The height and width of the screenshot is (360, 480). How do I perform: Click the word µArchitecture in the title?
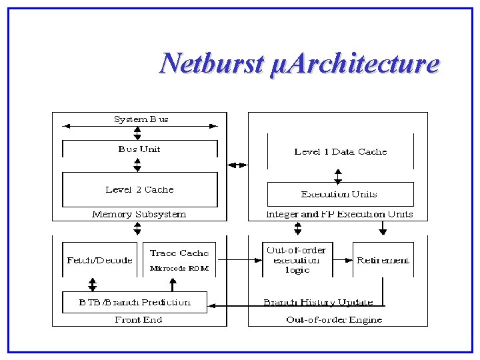(355, 64)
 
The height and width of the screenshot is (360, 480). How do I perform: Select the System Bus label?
(141, 119)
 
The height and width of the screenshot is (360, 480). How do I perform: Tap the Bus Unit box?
(139, 149)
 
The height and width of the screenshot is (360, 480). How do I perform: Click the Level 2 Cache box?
(139, 189)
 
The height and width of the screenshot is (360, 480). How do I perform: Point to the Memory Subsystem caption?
(139, 214)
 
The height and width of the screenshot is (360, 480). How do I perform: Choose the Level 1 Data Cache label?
(340, 151)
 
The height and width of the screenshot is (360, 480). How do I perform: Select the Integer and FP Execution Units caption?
(339, 214)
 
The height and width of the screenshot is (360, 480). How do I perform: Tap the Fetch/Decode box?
(99, 260)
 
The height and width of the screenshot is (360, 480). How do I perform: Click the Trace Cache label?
(179, 253)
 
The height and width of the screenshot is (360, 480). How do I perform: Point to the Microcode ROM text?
(179, 268)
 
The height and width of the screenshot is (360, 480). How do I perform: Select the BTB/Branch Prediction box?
(135, 302)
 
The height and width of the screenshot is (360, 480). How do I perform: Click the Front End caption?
(138, 319)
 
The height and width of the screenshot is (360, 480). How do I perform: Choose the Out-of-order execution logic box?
(297, 260)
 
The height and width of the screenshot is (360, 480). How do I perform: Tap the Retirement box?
(383, 260)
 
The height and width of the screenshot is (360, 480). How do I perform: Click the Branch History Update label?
(318, 302)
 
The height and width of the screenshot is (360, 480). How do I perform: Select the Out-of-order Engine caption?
(334, 319)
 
